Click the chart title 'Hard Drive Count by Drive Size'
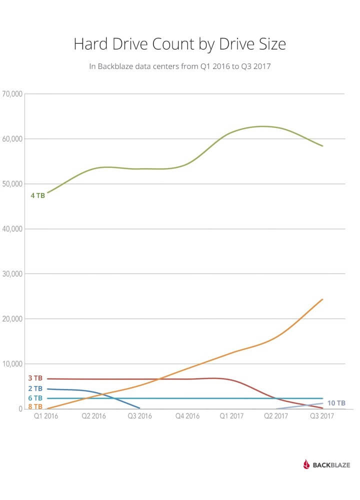coord(180,44)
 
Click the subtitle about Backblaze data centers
coord(180,66)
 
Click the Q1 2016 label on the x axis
coord(46,416)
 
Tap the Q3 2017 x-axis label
coord(323,416)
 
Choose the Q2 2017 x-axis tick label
coord(276,416)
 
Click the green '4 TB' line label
coord(38,195)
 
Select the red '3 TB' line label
coord(35,378)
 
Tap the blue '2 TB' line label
coord(35,388)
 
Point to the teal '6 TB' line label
coord(35,398)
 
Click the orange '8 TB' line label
coord(35,406)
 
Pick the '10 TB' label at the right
coord(336,403)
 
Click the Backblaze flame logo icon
coord(306,464)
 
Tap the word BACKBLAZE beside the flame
coord(331,465)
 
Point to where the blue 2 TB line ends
coord(139,408)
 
